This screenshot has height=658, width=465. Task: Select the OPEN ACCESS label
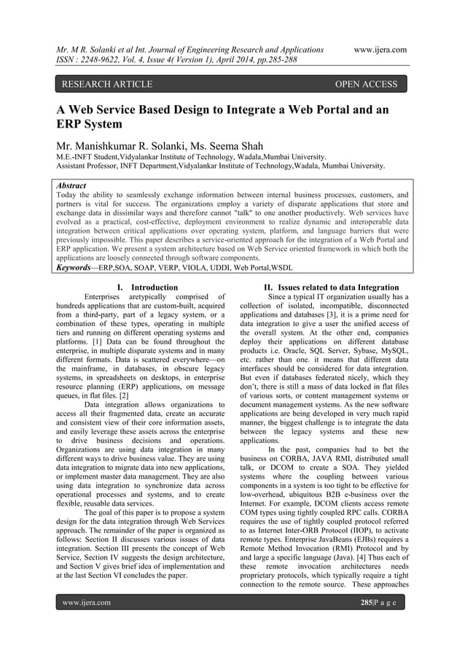pyautogui.click(x=365, y=85)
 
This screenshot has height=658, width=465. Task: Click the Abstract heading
pyautogui.click(x=71, y=186)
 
